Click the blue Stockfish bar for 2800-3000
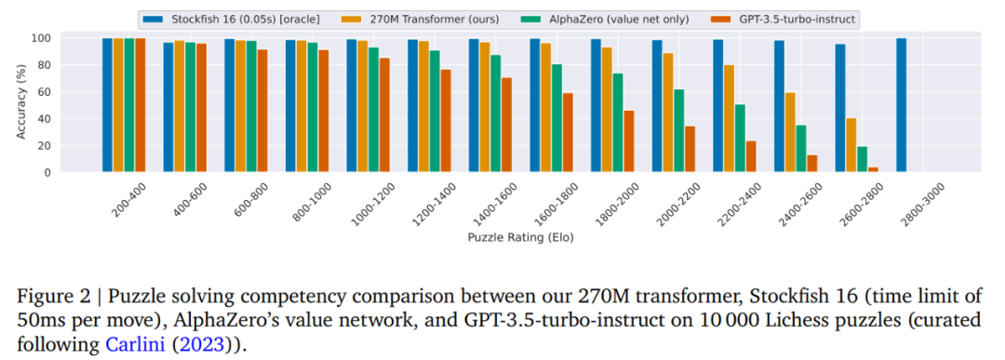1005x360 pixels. tap(901, 105)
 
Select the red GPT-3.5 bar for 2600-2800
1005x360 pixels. tap(873, 169)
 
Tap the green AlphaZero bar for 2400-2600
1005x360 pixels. tap(801, 149)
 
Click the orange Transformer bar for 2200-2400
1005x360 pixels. tap(730, 118)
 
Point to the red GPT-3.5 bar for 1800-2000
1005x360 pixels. tap(629, 141)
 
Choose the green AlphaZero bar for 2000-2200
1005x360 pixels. tap(678, 130)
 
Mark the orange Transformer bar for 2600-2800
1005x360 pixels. tap(851, 145)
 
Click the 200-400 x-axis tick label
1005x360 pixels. tap(128, 198)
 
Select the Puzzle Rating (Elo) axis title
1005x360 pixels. tap(521, 237)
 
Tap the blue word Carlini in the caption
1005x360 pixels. tap(127, 345)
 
